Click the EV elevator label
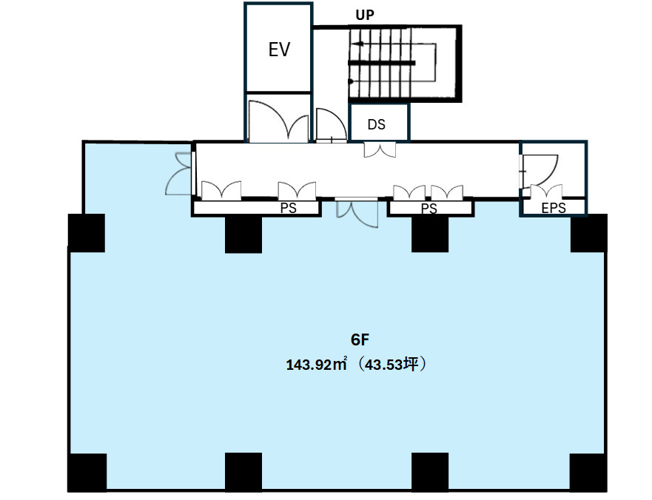[279, 50]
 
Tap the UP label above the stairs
[365, 15]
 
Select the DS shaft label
[376, 124]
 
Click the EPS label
[554, 207]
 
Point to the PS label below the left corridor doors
[288, 208]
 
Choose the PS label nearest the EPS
[428, 209]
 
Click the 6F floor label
[360, 339]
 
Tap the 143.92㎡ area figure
[316, 365]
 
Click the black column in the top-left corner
[87, 233]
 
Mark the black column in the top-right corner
[589, 233]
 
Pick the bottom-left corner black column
[87, 473]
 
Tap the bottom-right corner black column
[588, 473]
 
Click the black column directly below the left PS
[243, 234]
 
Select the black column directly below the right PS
[430, 234]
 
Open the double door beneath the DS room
[380, 149]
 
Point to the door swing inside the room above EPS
[540, 171]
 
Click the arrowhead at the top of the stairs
[358, 44]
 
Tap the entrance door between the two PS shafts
[357, 213]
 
